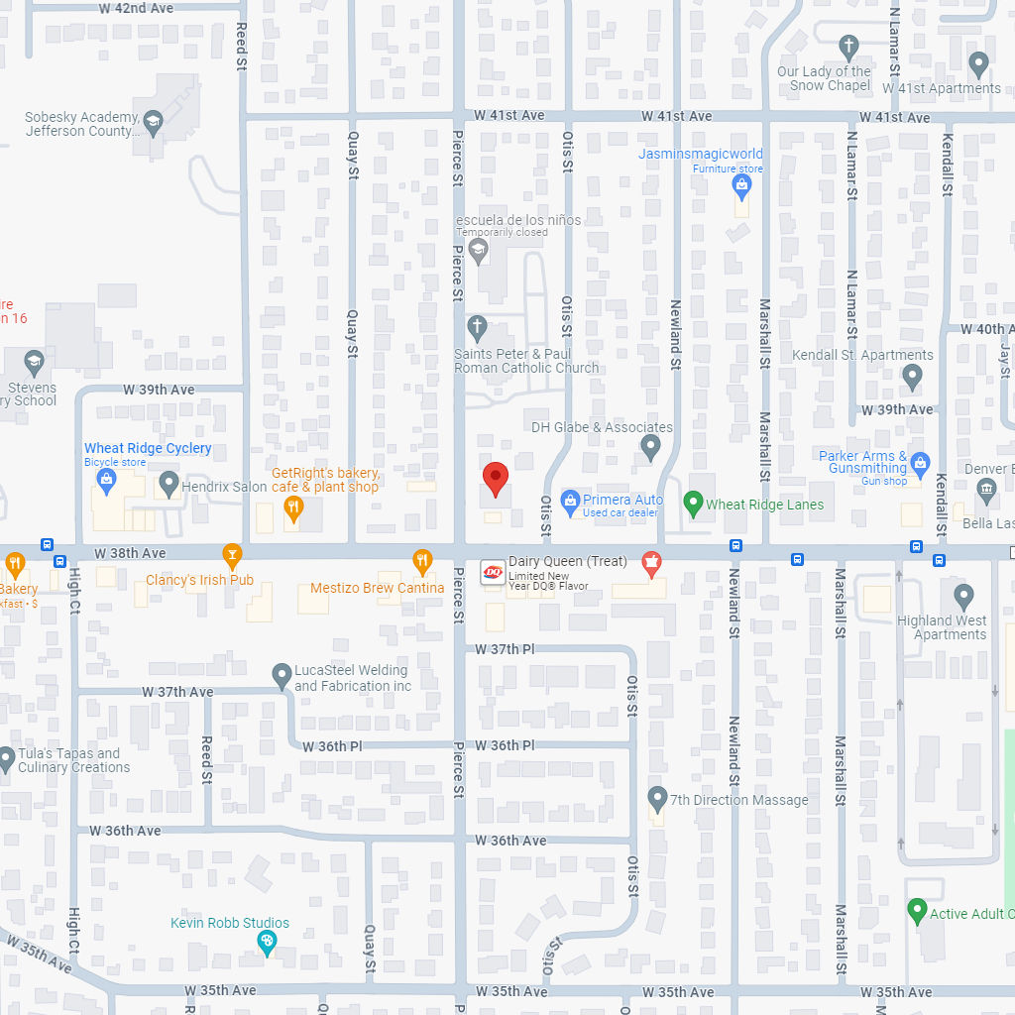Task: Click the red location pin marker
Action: click(x=496, y=478)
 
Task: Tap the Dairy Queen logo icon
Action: click(x=493, y=573)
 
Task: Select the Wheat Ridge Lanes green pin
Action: click(x=694, y=504)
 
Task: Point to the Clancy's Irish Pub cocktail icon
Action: click(x=232, y=554)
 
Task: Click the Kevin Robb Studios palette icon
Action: click(x=266, y=943)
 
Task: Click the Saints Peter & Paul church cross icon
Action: click(x=477, y=327)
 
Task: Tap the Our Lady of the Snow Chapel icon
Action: click(x=847, y=46)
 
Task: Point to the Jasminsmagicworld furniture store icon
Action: click(x=741, y=185)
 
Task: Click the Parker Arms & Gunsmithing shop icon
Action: click(x=921, y=463)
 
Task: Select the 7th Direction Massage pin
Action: click(x=657, y=798)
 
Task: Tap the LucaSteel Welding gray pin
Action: click(x=282, y=676)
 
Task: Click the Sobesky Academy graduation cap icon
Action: click(x=153, y=123)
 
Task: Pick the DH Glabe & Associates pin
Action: click(x=650, y=447)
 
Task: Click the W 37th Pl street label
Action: click(x=505, y=649)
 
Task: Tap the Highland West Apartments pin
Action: click(x=963, y=597)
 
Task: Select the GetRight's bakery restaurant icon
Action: click(x=292, y=509)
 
